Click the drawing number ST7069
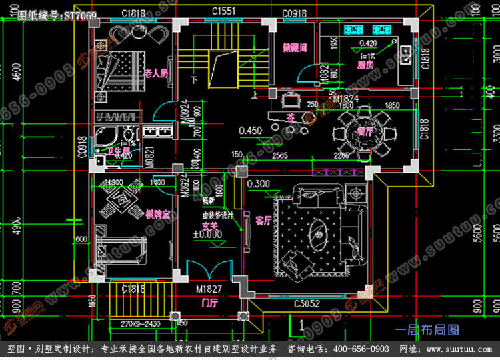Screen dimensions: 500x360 click(x=81, y=15)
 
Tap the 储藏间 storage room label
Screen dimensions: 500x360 click(x=294, y=48)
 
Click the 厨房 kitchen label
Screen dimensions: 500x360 click(x=364, y=65)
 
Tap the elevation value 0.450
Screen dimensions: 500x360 click(x=250, y=130)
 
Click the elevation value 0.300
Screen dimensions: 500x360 click(x=257, y=183)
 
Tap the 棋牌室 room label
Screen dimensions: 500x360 click(x=157, y=214)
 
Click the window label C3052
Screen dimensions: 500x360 click(x=309, y=303)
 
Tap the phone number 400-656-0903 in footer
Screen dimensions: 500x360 click(x=361, y=349)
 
